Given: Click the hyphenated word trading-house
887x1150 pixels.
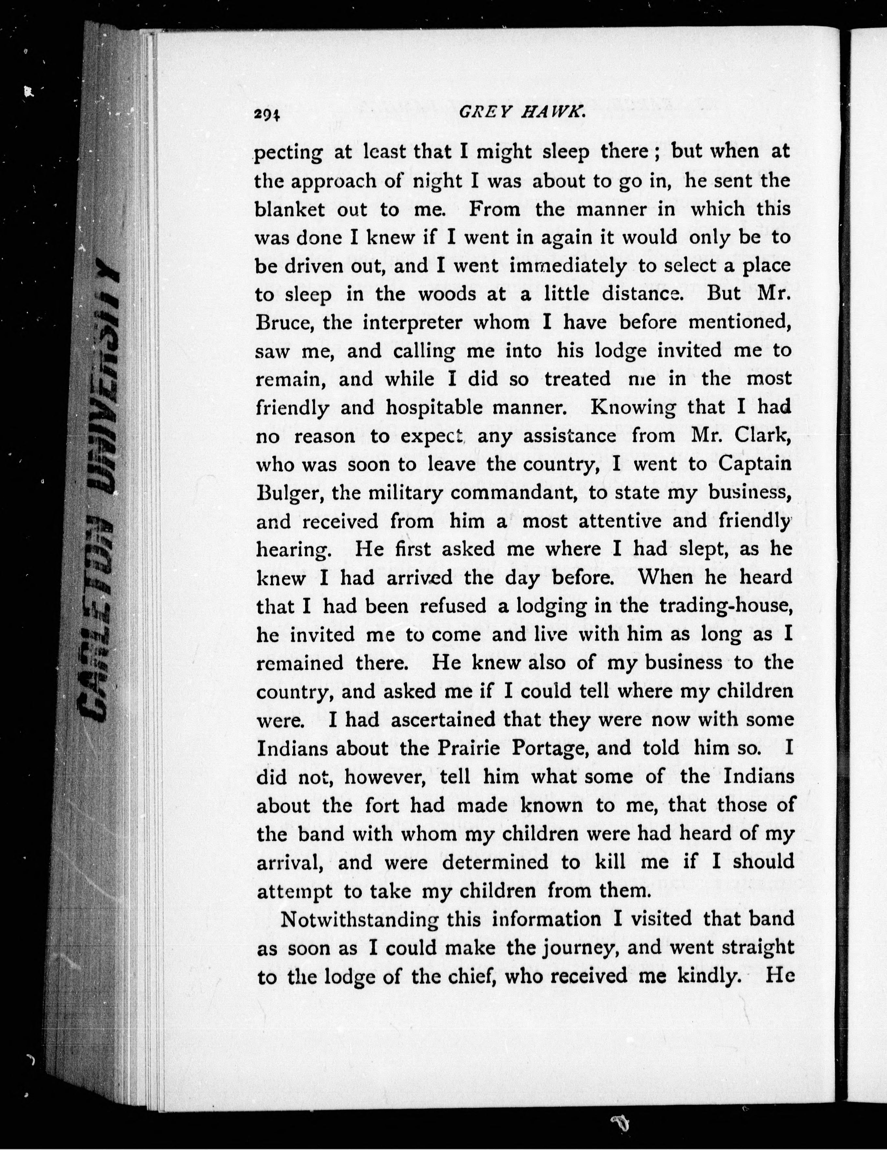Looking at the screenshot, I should click(x=726, y=607).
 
